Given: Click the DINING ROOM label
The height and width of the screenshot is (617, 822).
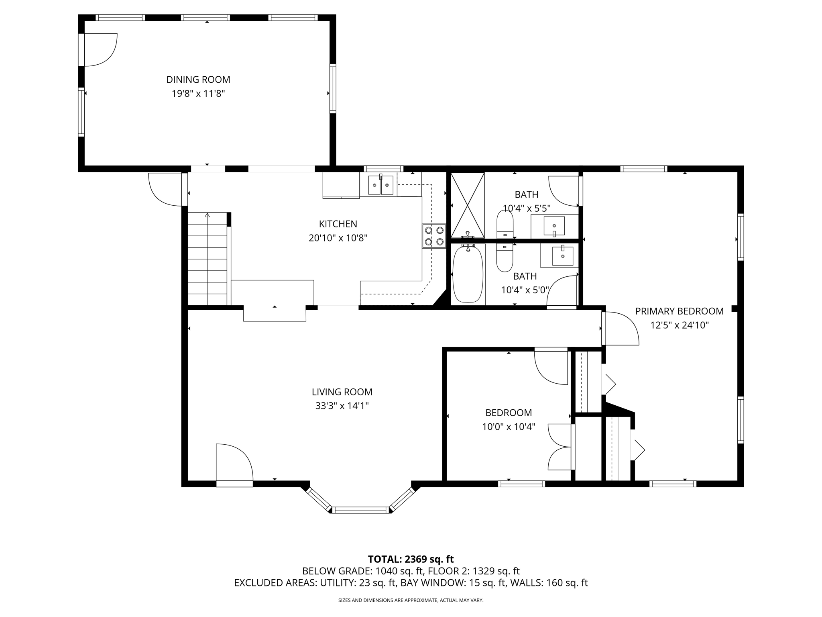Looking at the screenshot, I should point(198,80).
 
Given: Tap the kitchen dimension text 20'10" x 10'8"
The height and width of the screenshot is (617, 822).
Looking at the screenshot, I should point(338,238).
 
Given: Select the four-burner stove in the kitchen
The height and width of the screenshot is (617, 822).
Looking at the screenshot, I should point(434,236).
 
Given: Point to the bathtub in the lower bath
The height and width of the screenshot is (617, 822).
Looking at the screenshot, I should point(468,274).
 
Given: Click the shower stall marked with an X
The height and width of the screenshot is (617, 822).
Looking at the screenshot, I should point(468,205).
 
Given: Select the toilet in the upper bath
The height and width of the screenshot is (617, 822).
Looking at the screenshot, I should point(505,225).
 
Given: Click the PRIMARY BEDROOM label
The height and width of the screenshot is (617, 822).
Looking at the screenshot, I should point(679,311).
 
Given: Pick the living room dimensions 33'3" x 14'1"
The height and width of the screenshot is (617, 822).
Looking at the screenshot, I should point(342,406).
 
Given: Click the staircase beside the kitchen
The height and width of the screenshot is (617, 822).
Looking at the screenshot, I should point(208,259).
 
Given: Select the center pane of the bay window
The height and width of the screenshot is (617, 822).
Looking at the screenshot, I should point(360,510).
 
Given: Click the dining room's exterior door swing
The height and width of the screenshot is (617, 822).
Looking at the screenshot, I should point(100,49).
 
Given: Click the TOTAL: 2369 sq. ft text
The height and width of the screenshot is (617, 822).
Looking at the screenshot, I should point(411,559).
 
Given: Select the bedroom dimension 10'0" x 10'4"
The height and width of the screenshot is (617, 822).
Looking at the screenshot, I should point(509,427).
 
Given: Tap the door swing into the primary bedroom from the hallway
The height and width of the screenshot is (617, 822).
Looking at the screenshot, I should point(621,328).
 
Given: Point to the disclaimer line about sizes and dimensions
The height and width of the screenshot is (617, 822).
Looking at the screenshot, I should point(411,601).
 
